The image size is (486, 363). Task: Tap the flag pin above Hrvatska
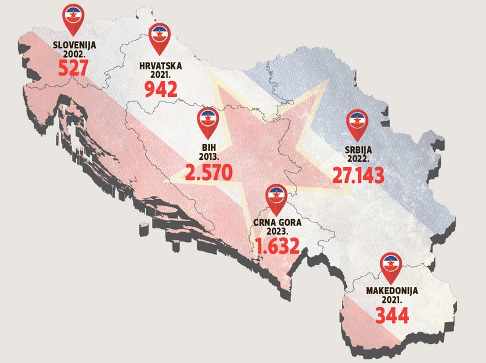[x=159, y=37]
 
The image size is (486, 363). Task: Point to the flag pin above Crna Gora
[x=276, y=197]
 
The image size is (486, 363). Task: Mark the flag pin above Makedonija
[x=390, y=265]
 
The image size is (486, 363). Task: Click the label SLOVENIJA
[x=74, y=45]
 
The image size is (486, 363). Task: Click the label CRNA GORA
[x=277, y=223]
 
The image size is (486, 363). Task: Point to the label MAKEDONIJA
[x=392, y=291]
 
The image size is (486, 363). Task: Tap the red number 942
[x=161, y=89]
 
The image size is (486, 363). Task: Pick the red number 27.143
[x=359, y=174]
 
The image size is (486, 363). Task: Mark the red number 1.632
[x=277, y=246]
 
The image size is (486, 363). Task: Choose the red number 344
[x=392, y=316]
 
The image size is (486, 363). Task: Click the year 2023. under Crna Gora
[x=278, y=232]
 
